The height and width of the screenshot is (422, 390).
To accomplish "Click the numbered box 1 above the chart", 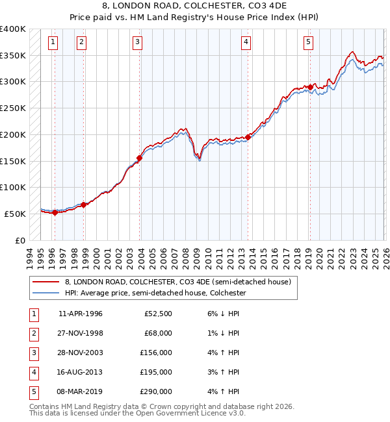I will click(53, 43).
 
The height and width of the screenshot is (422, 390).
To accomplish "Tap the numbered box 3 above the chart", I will click(138, 43).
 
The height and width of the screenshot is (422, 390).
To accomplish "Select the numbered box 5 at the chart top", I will click(307, 43).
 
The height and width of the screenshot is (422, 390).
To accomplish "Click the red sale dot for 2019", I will click(311, 86).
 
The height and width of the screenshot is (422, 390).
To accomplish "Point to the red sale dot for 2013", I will click(248, 137).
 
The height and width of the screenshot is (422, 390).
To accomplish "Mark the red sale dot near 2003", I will click(139, 158).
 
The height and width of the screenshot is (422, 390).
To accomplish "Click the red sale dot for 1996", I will click(55, 212).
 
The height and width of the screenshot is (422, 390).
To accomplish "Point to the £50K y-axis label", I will click(16, 214).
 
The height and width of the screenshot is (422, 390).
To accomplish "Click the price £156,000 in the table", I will click(156, 353).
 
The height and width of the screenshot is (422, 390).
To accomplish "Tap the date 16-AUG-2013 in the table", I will click(81, 372).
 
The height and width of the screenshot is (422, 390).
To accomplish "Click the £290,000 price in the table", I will click(156, 391).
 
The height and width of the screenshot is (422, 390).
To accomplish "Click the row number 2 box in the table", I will click(32, 333).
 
